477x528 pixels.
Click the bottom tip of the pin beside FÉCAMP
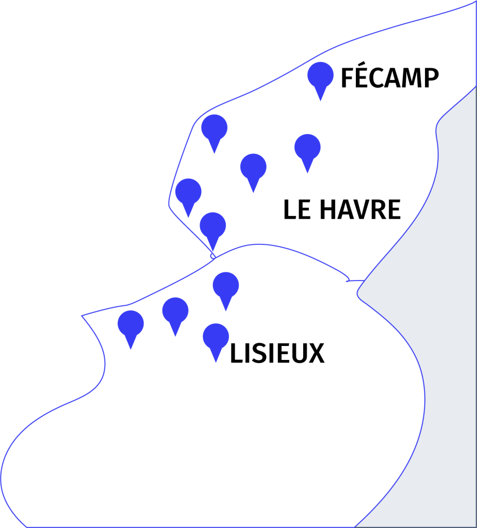[320, 101]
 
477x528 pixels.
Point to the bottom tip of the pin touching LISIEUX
[216, 362]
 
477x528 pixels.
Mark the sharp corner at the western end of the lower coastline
[82, 316]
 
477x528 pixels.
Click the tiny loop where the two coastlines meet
[213, 256]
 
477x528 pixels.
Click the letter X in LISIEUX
[316, 353]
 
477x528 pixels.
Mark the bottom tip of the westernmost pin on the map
[130, 349]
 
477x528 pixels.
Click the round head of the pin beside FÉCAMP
[320, 75]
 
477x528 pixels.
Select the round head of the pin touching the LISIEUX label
[216, 337]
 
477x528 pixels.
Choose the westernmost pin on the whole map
[130, 330]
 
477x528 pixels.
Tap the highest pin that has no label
[214, 134]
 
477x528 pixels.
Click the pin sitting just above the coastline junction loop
[213, 232]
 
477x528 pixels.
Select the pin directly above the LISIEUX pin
[226, 292]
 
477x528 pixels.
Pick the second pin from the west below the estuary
[175, 317]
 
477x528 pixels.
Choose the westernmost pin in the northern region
[188, 198]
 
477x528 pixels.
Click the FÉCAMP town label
[390, 75]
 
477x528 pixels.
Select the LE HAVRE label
[342, 209]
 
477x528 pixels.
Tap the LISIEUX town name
[277, 353]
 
